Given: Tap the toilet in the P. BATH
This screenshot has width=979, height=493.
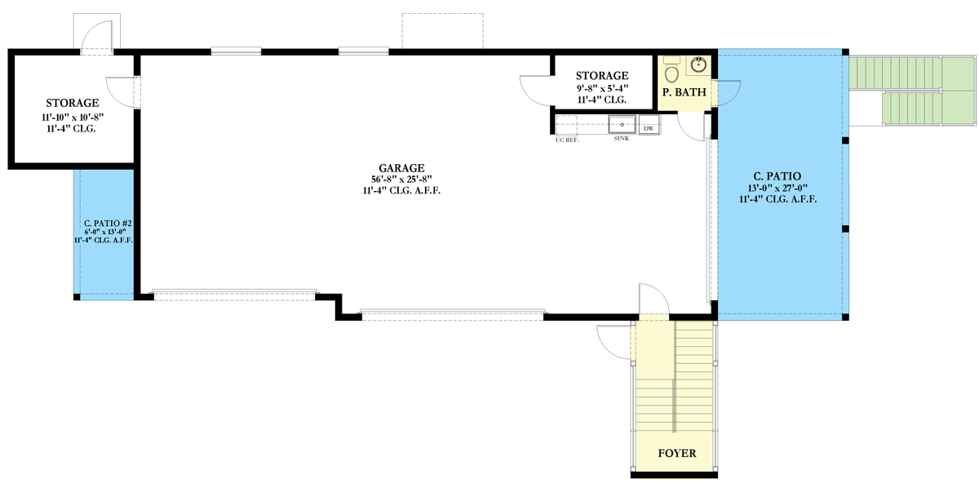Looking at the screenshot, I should (x=671, y=73).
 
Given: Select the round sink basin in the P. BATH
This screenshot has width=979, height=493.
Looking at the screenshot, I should (x=700, y=64).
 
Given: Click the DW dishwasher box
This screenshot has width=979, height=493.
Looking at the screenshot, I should (x=649, y=128).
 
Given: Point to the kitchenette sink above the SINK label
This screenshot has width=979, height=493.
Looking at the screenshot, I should (x=622, y=124).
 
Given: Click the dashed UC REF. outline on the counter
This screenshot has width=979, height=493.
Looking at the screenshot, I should (x=567, y=124).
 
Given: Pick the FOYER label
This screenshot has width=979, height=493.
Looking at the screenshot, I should (x=676, y=453).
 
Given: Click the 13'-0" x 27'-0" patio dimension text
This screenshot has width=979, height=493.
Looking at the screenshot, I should (x=776, y=187).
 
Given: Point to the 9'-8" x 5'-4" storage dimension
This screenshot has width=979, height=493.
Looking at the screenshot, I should (x=603, y=87).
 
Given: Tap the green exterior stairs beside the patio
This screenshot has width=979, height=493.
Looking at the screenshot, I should (x=912, y=90).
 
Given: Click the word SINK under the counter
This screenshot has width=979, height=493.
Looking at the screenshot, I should (x=622, y=140).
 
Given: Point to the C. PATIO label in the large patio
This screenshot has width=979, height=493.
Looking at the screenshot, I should (x=777, y=175).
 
